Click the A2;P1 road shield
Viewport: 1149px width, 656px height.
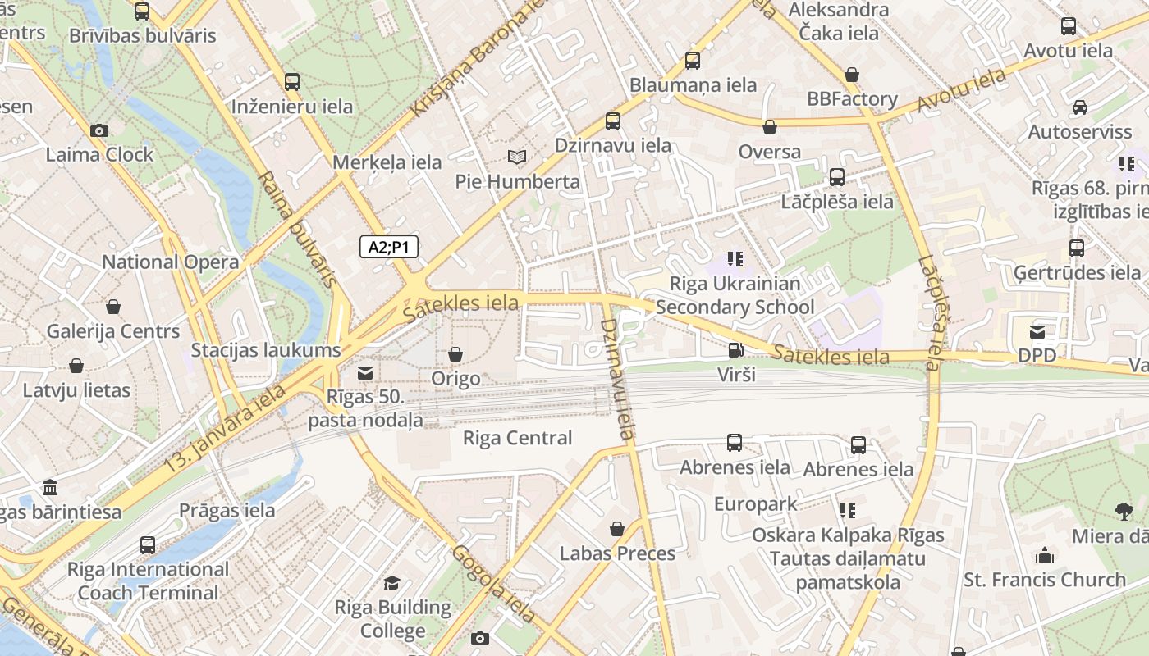(x=389, y=247)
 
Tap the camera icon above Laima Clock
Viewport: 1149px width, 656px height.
(x=99, y=130)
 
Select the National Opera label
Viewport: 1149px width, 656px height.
(x=170, y=262)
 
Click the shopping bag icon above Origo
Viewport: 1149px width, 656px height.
(x=455, y=354)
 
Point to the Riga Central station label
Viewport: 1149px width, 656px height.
(x=517, y=438)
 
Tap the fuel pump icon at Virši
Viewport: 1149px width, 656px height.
(x=735, y=350)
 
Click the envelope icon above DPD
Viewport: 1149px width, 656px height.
(x=1037, y=331)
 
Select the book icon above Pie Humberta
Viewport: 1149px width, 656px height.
(x=517, y=157)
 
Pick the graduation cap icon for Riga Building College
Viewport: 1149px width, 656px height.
(x=392, y=583)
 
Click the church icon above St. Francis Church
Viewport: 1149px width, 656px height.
(x=1044, y=555)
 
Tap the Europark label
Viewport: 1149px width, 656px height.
(x=755, y=503)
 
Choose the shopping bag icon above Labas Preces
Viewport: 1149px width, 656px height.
(x=617, y=529)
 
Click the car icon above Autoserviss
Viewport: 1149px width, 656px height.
(x=1079, y=107)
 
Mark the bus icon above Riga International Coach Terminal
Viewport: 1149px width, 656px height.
(x=148, y=544)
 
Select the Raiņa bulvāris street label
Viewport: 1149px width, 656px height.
(x=297, y=229)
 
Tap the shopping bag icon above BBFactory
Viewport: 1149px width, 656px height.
(x=852, y=75)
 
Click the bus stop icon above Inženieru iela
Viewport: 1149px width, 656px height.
(x=292, y=82)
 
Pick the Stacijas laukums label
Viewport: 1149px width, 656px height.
(x=265, y=350)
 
